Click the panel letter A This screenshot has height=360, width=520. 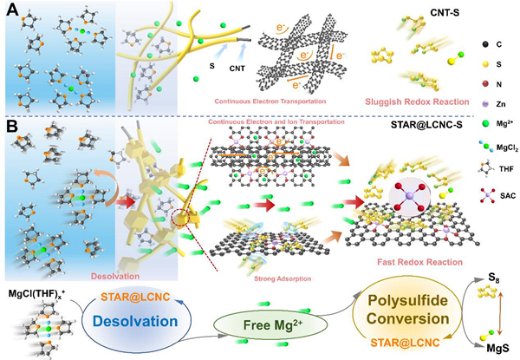[x=10, y=12]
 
